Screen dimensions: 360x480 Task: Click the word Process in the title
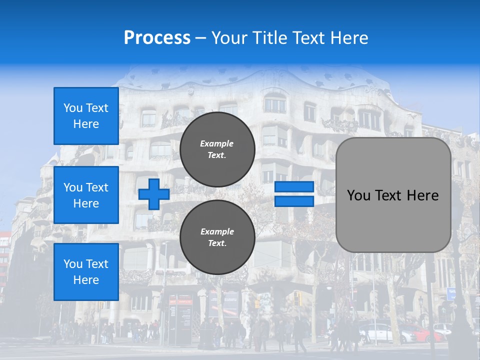pyautogui.click(x=157, y=38)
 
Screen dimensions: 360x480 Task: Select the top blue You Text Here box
pyautogui.click(x=86, y=116)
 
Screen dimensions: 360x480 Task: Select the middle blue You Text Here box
pyautogui.click(x=86, y=195)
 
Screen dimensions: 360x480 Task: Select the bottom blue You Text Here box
pyautogui.click(x=86, y=272)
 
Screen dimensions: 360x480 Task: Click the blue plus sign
pyautogui.click(x=154, y=194)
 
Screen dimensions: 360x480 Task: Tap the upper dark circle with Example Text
pyautogui.click(x=217, y=149)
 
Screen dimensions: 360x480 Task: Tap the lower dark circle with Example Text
pyautogui.click(x=217, y=237)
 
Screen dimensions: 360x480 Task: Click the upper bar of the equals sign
pyautogui.click(x=294, y=187)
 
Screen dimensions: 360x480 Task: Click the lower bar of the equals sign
pyautogui.click(x=294, y=201)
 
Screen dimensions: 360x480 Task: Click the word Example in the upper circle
pyautogui.click(x=217, y=143)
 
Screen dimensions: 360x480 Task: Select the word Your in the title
pyautogui.click(x=229, y=38)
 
